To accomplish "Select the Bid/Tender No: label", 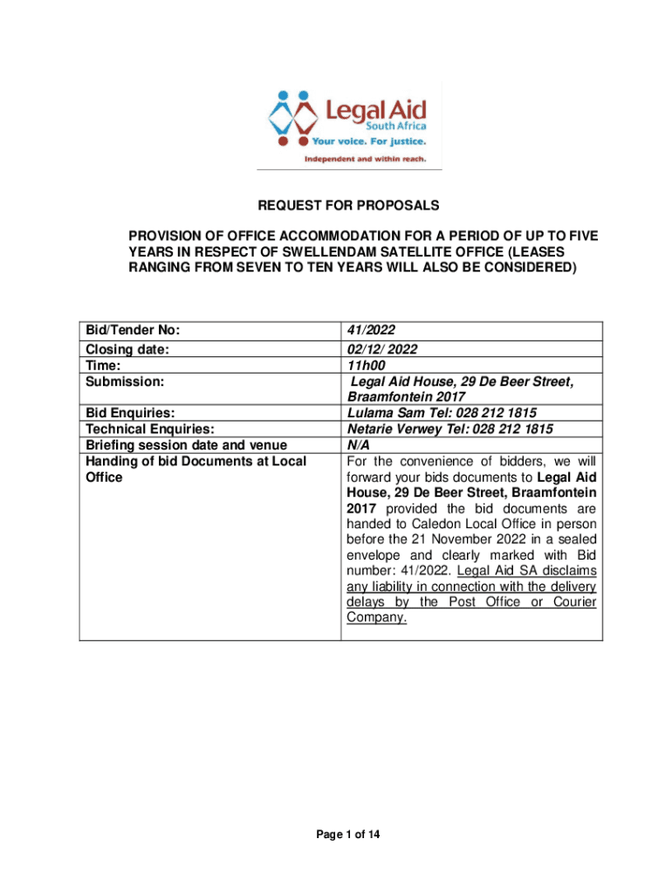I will tap(133, 331).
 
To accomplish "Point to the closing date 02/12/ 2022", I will tap(382, 349).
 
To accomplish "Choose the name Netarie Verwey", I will tap(394, 429).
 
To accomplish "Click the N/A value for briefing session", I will tap(358, 444).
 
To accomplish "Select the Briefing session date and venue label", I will tap(185, 444).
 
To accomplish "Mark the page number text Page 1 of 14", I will tap(347, 836).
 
